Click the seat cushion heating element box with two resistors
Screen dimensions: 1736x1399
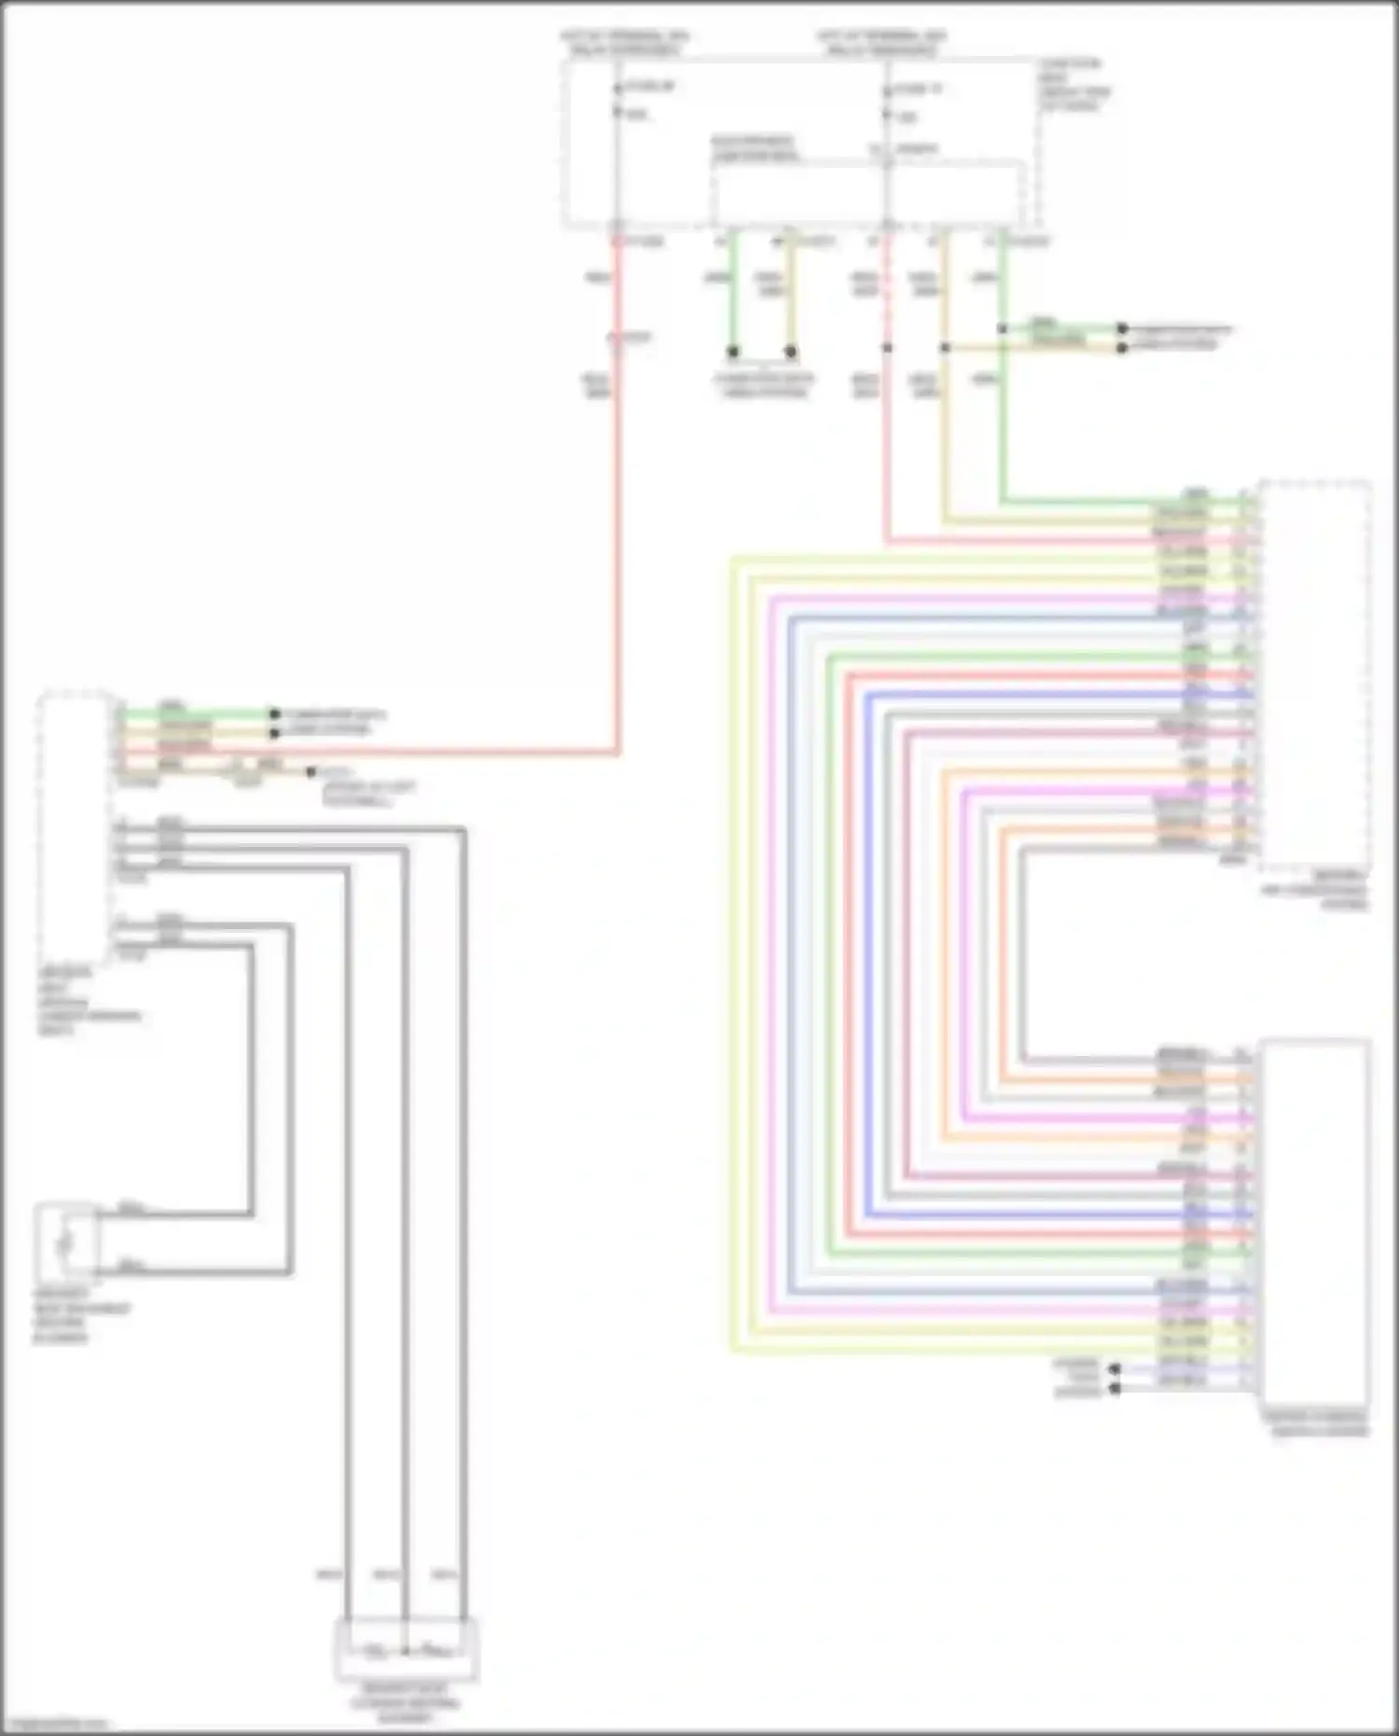click(407, 1650)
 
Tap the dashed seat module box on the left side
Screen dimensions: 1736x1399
click(75, 830)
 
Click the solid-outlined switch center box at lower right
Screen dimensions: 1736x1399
click(1315, 1222)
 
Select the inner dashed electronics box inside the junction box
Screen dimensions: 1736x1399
click(867, 191)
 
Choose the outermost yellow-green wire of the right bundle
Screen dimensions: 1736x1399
click(734, 933)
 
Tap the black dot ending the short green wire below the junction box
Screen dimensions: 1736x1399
click(733, 352)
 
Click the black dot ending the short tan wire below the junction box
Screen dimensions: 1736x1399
click(791, 352)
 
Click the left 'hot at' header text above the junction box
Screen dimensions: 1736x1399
click(623, 42)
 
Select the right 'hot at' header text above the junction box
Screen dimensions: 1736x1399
click(881, 42)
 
